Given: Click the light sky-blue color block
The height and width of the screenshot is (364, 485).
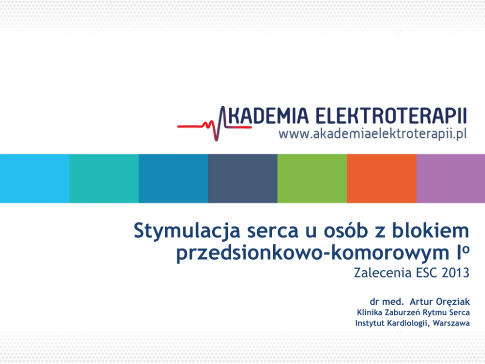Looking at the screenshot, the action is coord(35,179).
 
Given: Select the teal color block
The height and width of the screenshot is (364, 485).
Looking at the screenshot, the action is coord(104,179).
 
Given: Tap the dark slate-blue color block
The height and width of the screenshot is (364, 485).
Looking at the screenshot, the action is coord(243,179).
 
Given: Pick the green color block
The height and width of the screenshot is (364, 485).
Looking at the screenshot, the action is coord(312,179).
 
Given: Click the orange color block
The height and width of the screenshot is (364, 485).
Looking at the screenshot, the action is coord(382,179).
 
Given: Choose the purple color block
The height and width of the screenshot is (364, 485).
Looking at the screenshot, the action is coord(451,179).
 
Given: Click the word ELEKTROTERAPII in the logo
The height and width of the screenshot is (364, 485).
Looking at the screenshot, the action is coord(391,115).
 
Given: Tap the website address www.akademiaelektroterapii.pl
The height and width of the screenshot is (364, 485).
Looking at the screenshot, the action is coord(373,135).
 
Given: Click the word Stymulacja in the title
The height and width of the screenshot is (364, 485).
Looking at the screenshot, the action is coord(187,231).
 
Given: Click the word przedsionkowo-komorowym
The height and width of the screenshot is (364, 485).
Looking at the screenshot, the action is coord(312,253).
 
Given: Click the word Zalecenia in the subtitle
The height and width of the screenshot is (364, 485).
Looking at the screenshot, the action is coord(383,273).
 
